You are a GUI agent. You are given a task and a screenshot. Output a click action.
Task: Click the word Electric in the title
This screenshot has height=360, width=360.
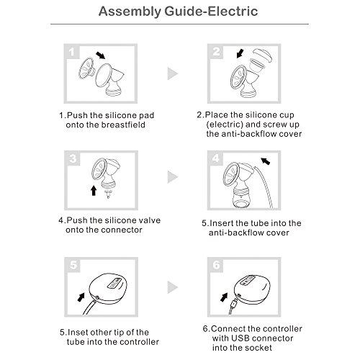tap(233, 12)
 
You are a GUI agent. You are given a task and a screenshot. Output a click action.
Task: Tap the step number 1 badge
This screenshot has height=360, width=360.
tap(71, 52)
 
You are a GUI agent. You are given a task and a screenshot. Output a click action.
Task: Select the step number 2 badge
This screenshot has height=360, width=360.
tap(216, 51)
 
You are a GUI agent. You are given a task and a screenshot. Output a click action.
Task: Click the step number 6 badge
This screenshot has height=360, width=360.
tap(216, 265)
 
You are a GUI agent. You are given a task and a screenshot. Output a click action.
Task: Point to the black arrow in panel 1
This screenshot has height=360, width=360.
tap(100, 55)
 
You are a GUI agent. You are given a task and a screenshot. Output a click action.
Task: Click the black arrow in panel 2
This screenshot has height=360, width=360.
tap(240, 53)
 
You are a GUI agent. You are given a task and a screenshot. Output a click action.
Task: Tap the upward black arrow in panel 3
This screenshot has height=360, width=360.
tap(94, 190)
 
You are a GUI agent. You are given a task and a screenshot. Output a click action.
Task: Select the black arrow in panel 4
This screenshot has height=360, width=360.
tap(266, 161)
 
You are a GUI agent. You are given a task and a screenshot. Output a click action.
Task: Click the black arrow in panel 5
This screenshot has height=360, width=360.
tap(81, 297)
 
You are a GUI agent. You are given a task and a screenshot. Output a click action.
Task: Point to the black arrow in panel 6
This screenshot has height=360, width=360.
tap(224, 297)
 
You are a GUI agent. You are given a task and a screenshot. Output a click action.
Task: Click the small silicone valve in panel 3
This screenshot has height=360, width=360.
tap(108, 194)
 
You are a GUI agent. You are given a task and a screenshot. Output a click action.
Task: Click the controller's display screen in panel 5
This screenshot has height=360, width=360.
tap(114, 283)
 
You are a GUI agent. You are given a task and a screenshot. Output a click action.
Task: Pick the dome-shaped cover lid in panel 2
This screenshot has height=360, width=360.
tap(263, 55)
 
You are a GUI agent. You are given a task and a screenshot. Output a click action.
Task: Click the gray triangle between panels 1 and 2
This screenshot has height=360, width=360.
tap(173, 73)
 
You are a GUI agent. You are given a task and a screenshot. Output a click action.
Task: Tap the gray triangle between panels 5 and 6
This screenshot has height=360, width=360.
tap(173, 287)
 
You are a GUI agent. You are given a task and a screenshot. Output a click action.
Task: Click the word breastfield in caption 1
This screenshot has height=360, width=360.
tap(123, 125)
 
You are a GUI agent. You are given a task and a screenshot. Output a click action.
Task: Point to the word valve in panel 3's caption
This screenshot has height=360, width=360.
tap(149, 220)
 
